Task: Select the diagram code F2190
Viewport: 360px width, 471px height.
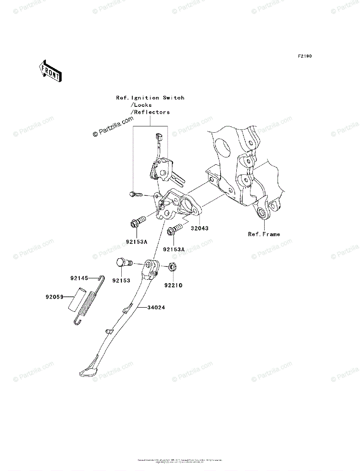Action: click(x=304, y=57)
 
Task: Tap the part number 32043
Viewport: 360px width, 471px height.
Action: click(x=200, y=228)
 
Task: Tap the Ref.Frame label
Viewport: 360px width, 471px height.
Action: click(x=264, y=234)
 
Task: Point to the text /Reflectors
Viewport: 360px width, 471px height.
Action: click(x=150, y=112)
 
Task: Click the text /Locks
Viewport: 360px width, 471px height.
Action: click(x=141, y=105)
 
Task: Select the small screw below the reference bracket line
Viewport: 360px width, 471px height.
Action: click(x=135, y=194)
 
